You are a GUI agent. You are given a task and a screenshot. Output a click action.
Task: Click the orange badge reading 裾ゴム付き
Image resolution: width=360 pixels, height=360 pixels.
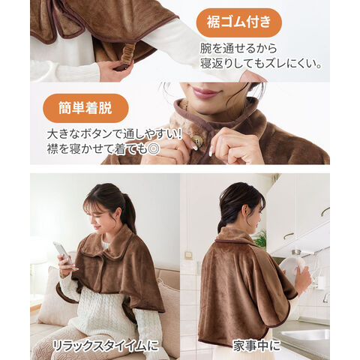238,22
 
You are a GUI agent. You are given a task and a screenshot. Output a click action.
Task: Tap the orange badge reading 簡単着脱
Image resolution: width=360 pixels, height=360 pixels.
85,108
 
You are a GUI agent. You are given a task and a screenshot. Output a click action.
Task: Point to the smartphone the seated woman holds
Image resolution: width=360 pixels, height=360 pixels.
63,253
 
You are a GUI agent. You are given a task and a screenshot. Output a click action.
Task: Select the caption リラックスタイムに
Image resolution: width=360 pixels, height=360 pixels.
106,346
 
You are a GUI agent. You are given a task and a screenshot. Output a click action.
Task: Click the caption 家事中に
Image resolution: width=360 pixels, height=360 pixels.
256,346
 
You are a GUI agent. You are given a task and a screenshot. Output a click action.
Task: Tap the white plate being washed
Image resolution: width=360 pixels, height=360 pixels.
292,268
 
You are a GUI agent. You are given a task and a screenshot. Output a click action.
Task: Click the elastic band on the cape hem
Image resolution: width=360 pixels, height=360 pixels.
126,56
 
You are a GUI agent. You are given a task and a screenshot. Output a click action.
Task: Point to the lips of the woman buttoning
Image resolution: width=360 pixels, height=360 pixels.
206,93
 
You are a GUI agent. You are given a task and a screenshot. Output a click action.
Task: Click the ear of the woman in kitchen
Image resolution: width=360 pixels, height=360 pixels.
244,211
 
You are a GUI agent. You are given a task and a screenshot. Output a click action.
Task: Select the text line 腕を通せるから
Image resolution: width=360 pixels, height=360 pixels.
238,48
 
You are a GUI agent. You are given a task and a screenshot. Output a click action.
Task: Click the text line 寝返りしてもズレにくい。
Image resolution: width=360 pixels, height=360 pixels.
261,64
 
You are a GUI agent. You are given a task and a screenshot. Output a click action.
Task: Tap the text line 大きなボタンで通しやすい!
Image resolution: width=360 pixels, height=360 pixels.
114,135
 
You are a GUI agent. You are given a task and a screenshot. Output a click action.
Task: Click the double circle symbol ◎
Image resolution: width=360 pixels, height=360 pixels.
154,149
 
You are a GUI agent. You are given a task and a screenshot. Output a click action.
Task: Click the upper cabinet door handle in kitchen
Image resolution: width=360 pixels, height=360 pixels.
325,211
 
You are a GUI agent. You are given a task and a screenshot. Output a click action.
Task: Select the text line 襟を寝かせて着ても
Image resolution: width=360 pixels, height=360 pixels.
97,149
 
